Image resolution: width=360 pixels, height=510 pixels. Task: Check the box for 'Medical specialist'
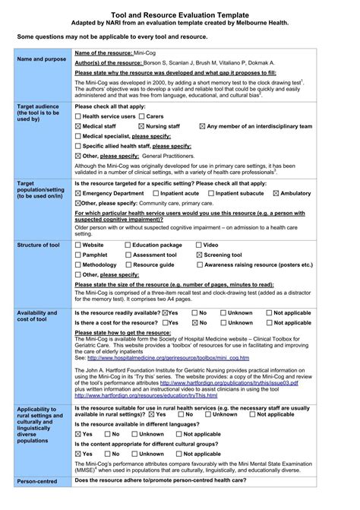[x=78, y=136]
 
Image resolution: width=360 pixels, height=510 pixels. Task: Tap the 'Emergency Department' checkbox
[x=78, y=194]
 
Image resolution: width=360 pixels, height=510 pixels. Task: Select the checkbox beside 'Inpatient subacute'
[x=211, y=194]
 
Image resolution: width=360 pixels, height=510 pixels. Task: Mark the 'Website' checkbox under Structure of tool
[x=78, y=245]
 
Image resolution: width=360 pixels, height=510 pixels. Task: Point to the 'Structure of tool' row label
[x=38, y=245]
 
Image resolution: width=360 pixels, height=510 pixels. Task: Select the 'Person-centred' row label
[x=36, y=482]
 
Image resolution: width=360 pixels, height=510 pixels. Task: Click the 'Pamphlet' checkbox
[x=78, y=255]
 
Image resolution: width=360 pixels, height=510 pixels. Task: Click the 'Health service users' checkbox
[x=78, y=116]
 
